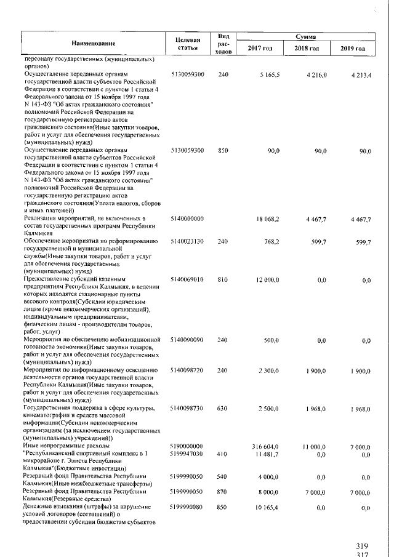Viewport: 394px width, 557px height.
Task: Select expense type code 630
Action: click(x=223, y=407)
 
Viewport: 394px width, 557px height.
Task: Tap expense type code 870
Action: click(x=223, y=491)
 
